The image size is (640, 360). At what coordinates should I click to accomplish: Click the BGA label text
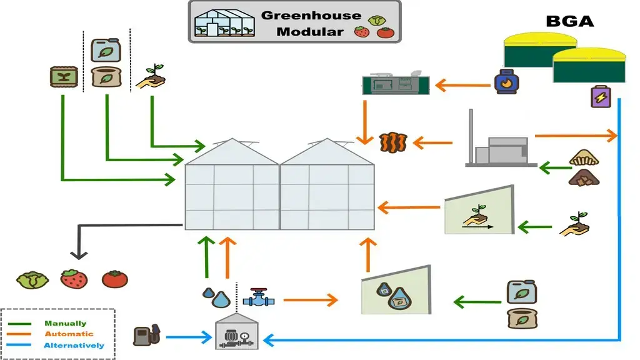(x=569, y=21)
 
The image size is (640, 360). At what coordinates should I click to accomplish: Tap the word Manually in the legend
(x=65, y=324)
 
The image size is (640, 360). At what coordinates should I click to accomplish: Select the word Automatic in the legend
(x=69, y=334)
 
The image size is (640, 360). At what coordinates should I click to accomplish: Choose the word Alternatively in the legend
(x=74, y=345)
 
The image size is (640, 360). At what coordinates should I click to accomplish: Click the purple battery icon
(x=601, y=98)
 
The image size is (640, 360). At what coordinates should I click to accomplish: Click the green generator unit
(x=396, y=84)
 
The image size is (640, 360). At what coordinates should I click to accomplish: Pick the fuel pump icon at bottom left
(x=146, y=335)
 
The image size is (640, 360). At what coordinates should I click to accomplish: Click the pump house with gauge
(x=237, y=332)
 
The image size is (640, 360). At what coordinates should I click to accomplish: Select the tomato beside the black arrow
(x=114, y=278)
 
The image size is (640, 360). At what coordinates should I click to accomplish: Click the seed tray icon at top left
(x=62, y=77)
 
